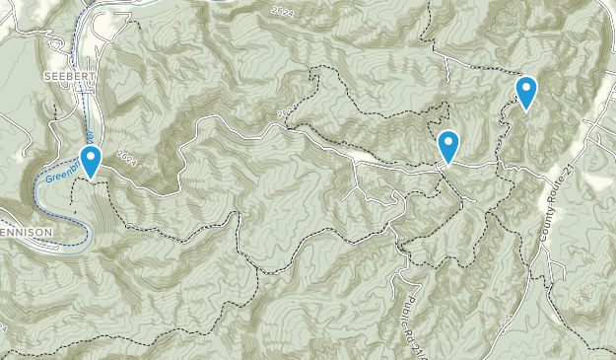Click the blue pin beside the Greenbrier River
[x=92, y=161]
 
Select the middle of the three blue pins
[x=448, y=146]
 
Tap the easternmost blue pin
[x=526, y=92]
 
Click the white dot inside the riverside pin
[x=92, y=156]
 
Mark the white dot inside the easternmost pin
[x=526, y=89]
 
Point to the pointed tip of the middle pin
[x=448, y=164]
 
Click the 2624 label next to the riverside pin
[x=125, y=155]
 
